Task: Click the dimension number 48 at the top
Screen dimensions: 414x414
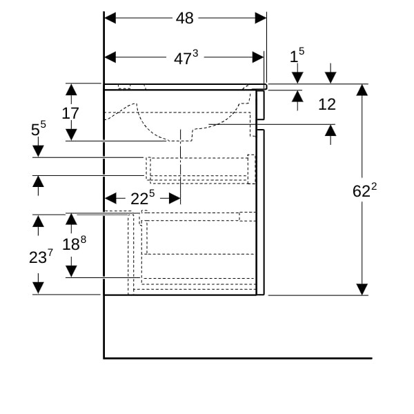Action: (x=184, y=18)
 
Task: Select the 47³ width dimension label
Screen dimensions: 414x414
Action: (x=185, y=59)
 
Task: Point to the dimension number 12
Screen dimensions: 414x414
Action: (x=326, y=104)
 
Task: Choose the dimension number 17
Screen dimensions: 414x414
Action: (x=70, y=112)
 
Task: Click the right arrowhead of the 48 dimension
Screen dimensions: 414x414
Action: (x=261, y=18)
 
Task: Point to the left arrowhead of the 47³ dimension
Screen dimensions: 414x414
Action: (x=110, y=59)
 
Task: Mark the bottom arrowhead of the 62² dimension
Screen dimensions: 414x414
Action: (x=362, y=289)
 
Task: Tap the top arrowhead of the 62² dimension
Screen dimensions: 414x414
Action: (x=362, y=90)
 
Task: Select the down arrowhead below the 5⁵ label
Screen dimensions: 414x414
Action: (x=38, y=150)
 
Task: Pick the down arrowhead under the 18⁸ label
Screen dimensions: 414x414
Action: (x=71, y=270)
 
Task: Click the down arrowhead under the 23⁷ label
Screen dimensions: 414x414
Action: (x=38, y=287)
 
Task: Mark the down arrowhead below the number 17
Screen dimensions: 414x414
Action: (x=70, y=135)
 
